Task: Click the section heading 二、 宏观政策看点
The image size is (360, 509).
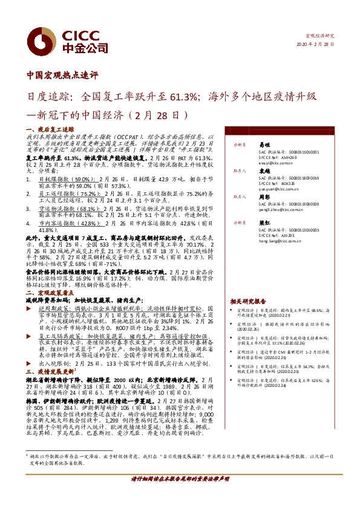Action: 50,293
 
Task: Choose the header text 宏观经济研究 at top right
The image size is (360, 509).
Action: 323,37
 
